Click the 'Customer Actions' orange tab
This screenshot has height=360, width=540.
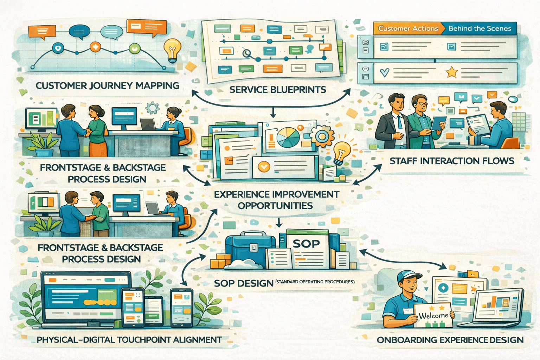[x=408, y=28]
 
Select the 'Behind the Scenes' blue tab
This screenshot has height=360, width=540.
[x=480, y=28]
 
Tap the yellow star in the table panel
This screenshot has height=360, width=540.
[x=451, y=72]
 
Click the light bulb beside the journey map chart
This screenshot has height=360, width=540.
[x=172, y=50]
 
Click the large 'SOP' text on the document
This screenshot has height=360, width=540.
[x=306, y=244]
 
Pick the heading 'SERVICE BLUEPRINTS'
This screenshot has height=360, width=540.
[x=278, y=90]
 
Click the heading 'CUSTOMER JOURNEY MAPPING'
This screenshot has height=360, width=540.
[x=107, y=86]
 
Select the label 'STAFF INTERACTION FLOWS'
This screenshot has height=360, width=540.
[x=452, y=161]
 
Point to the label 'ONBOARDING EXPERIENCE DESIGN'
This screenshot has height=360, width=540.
[x=450, y=340]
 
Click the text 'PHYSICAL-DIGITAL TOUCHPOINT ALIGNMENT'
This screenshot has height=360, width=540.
[x=129, y=340]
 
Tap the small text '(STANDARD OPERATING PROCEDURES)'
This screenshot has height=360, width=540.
[x=315, y=282]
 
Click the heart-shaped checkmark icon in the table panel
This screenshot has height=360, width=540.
[x=385, y=72]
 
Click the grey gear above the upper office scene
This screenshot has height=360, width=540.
[x=152, y=108]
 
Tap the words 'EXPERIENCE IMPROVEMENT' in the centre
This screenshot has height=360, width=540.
[x=277, y=194]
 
